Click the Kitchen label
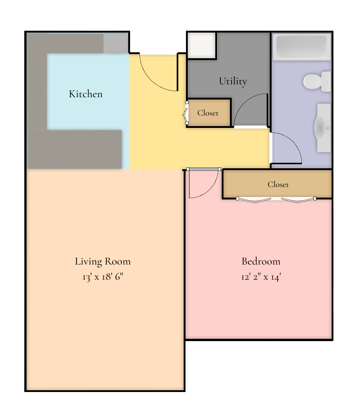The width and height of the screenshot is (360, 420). pyautogui.click(x=86, y=94)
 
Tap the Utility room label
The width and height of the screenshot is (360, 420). pyautogui.click(x=233, y=81)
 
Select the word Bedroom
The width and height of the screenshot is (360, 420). pyautogui.click(x=261, y=261)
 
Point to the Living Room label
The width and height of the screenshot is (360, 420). pyautogui.click(x=103, y=261)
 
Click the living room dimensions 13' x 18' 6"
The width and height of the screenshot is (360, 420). pyautogui.click(x=103, y=276)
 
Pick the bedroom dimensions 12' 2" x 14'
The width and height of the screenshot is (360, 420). pyautogui.click(x=261, y=276)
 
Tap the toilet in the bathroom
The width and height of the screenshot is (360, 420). pyautogui.click(x=317, y=82)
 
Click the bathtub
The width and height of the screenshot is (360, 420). pyautogui.click(x=302, y=47)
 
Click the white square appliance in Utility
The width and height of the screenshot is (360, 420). pyautogui.click(x=201, y=45)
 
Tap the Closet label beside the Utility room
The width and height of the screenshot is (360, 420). pyautogui.click(x=208, y=113)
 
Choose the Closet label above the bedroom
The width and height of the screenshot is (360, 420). pyautogui.click(x=278, y=185)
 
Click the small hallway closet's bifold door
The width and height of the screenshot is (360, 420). pyautogui.click(x=185, y=113)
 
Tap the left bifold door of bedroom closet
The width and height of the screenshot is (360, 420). pyautogui.click(x=254, y=200)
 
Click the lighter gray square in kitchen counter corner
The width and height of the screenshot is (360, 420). pyautogui.click(x=115, y=44)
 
